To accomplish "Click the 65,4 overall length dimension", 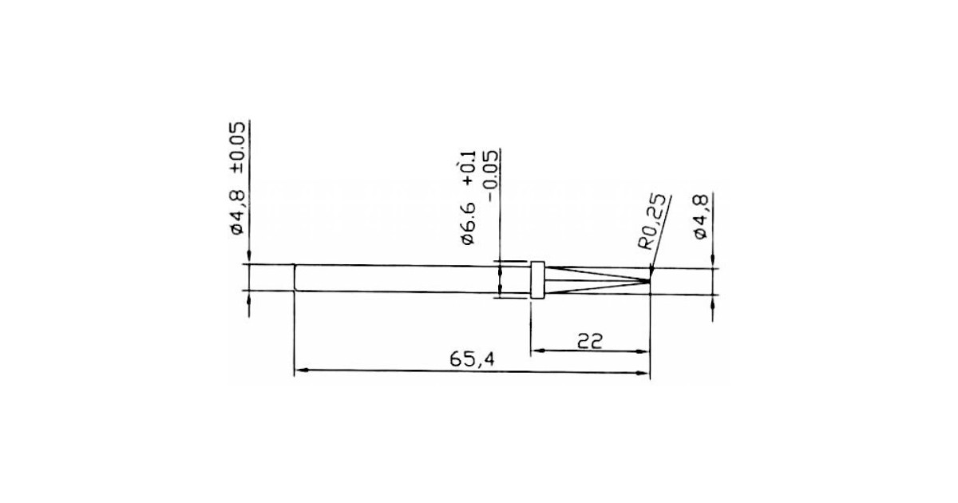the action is [472, 360].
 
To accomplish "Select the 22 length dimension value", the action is [590, 341].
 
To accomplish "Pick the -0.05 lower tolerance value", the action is [490, 176].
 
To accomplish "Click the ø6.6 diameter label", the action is [468, 224].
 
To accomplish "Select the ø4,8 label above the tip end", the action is [701, 216].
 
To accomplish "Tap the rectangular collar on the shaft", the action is [537, 279].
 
